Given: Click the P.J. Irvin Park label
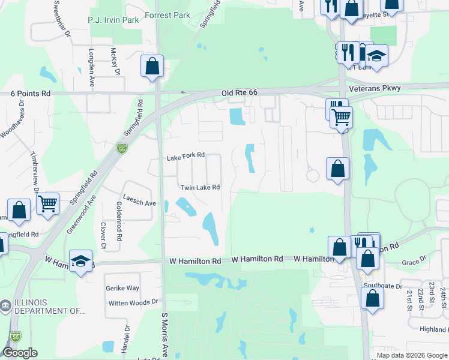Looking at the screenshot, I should (113, 20).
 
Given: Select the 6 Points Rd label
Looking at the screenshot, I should (31, 94).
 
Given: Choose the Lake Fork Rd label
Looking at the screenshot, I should (186, 157).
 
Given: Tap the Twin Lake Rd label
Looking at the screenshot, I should (200, 187).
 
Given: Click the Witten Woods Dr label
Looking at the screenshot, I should (133, 303).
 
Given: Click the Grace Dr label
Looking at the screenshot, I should (414, 262).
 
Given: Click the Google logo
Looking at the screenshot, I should (20, 353).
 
